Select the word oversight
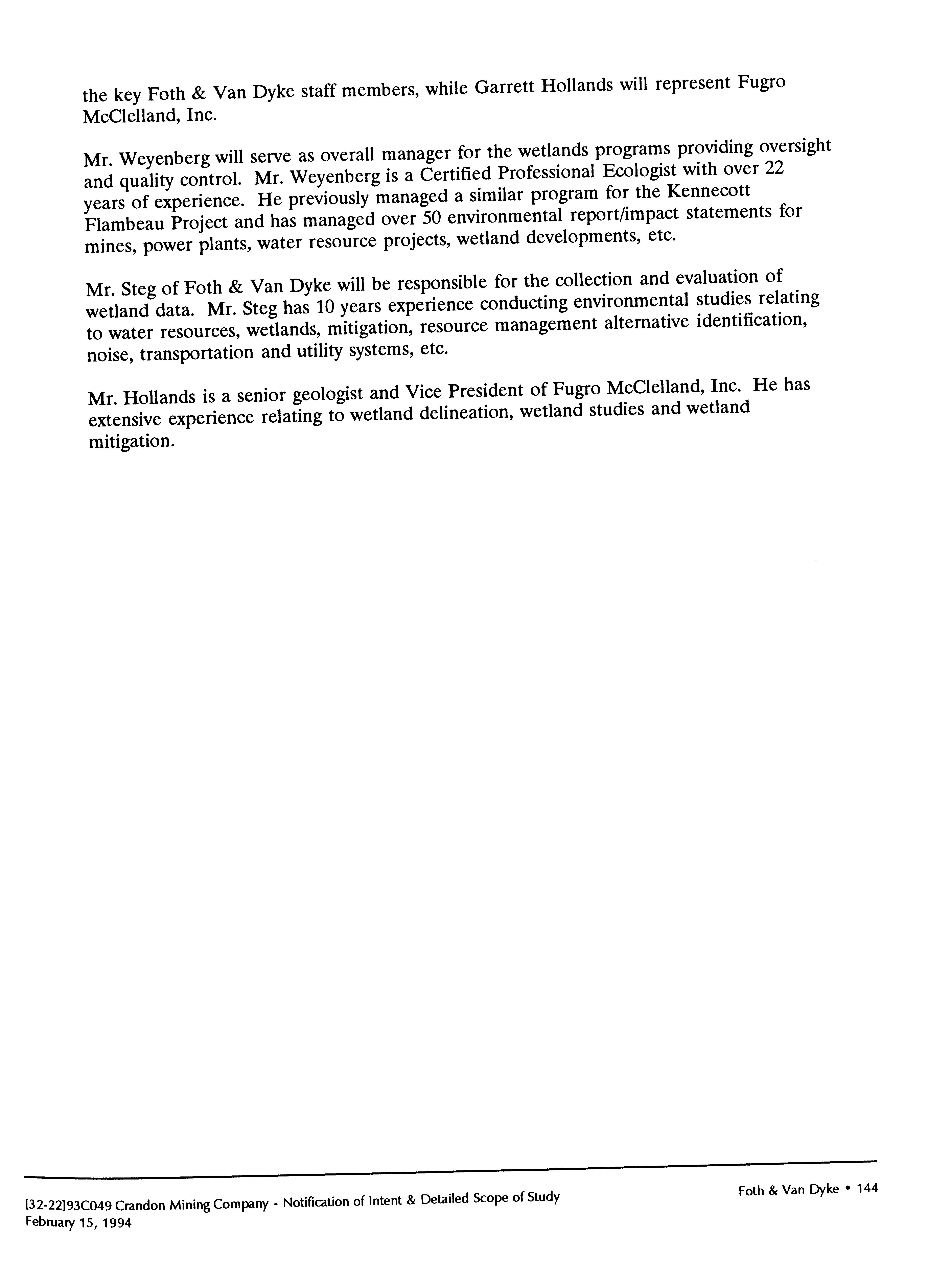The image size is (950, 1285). (x=795, y=147)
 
